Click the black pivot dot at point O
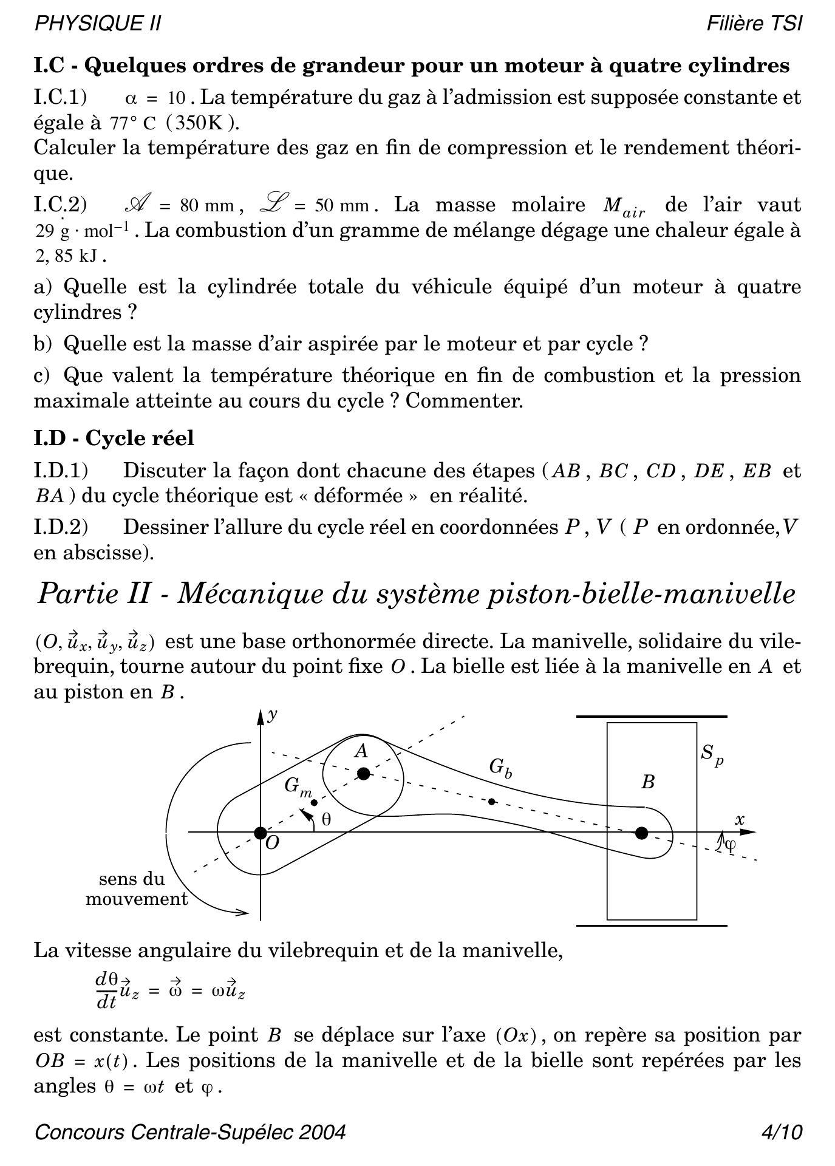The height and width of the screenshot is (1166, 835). [260, 833]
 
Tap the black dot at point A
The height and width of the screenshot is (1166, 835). [363, 774]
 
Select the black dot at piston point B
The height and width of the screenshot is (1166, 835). [641, 833]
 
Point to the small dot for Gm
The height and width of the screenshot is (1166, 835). [314, 803]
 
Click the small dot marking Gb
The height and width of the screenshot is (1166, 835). [492, 802]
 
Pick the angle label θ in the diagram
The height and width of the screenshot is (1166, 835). [326, 820]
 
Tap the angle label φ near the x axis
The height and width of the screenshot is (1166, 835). [731, 844]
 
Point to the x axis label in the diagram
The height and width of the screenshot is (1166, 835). [740, 819]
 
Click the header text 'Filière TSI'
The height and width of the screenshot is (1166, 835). [754, 24]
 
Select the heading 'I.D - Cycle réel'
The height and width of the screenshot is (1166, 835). [114, 438]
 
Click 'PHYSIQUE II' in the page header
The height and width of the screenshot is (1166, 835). [98, 24]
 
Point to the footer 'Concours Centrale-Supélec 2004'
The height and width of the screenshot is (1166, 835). [190, 1133]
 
